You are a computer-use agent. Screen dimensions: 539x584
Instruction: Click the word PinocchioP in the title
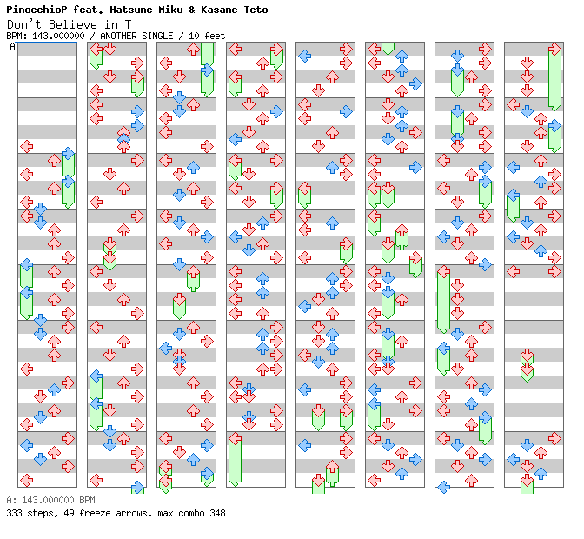click(32, 10)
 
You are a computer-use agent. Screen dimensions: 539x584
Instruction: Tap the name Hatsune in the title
click(128, 10)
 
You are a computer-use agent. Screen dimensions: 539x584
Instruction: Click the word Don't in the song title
click(22, 23)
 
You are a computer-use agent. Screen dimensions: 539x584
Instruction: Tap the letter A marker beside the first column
click(12, 47)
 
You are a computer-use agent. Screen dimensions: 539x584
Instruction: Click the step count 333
click(14, 513)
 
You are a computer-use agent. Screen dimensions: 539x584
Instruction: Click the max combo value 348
click(217, 513)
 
